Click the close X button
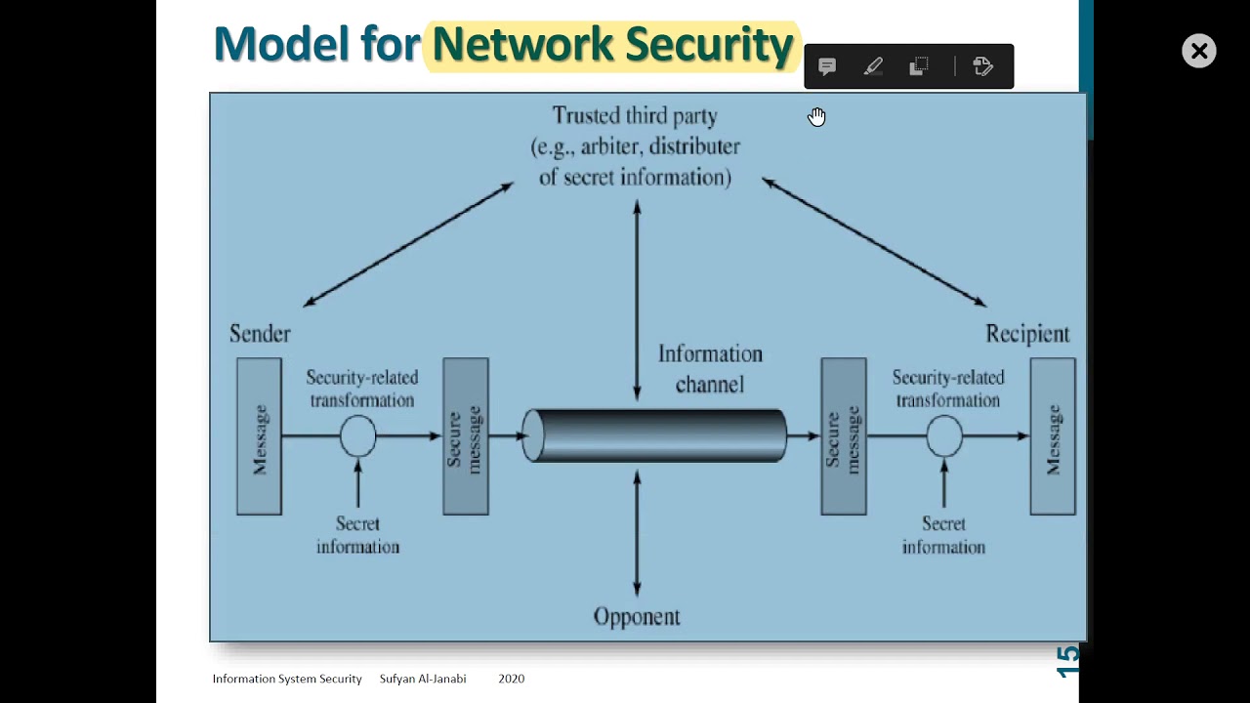(x=1198, y=51)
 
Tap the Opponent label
(x=637, y=617)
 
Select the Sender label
(x=260, y=334)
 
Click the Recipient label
(x=1027, y=334)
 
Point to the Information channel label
(x=710, y=369)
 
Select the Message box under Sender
(x=259, y=436)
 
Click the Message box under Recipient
(x=1053, y=436)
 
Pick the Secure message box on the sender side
(x=466, y=436)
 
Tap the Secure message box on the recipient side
(x=844, y=436)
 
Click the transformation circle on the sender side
(x=358, y=436)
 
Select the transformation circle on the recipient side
(x=944, y=436)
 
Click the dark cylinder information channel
(x=654, y=435)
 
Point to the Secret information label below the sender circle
(x=357, y=535)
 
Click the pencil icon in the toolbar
(x=873, y=66)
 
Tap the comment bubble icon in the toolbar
(x=827, y=66)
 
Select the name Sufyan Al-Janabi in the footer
(x=423, y=679)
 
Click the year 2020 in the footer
(x=511, y=679)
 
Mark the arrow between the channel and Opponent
(x=637, y=532)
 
